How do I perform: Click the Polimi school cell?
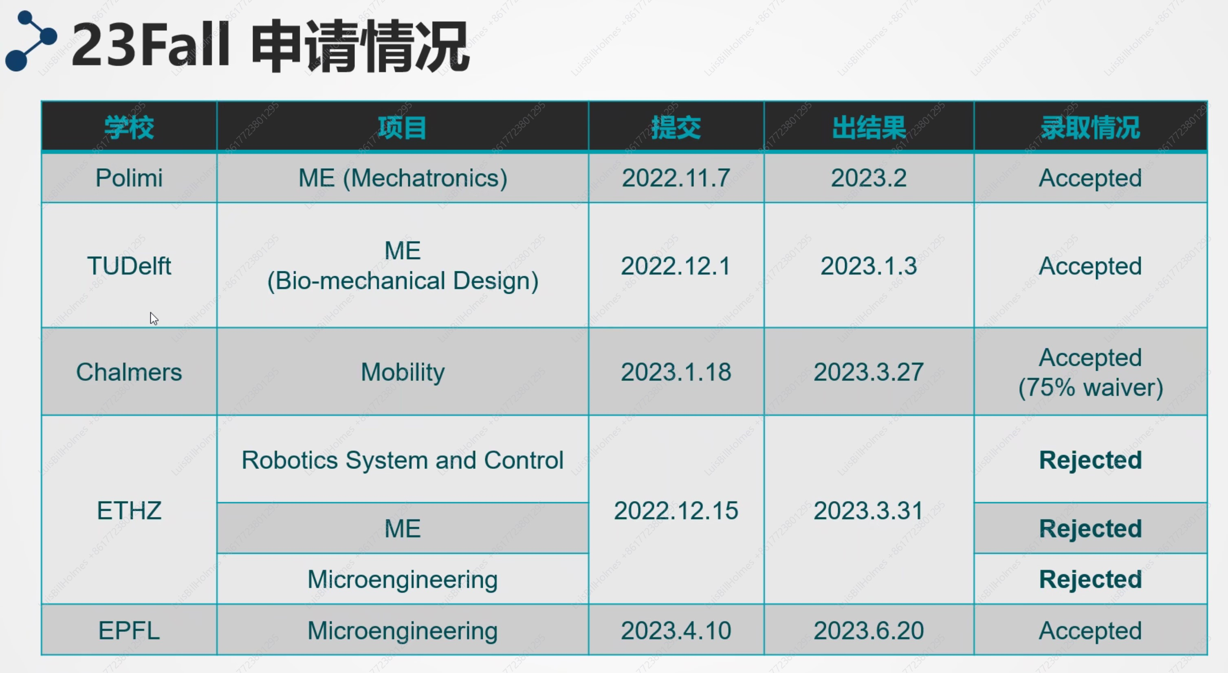click(x=129, y=178)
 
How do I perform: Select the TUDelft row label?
click(x=129, y=266)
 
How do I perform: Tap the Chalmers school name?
click(x=129, y=372)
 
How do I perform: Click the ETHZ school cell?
click(x=129, y=510)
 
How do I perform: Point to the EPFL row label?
click(x=129, y=631)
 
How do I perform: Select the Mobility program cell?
click(x=403, y=372)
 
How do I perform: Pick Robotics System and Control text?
click(x=403, y=460)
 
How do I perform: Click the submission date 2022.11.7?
click(x=676, y=178)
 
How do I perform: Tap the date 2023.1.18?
click(x=676, y=372)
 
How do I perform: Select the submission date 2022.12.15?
click(x=676, y=510)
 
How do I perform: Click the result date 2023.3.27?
click(x=869, y=372)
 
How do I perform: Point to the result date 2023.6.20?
click(x=869, y=631)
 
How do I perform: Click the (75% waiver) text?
click(x=1091, y=387)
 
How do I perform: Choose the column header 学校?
click(x=129, y=128)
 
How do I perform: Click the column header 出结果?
click(x=869, y=128)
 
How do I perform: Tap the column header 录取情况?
click(x=1091, y=128)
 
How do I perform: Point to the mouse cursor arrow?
click(x=154, y=319)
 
